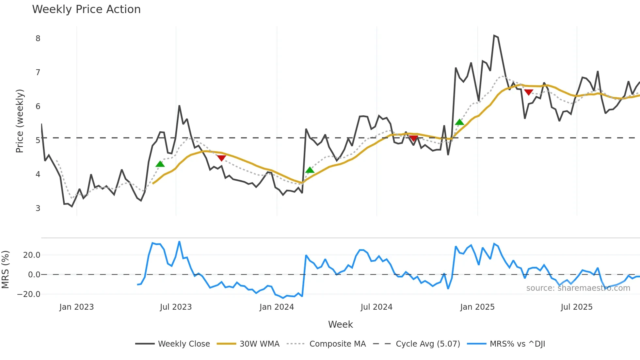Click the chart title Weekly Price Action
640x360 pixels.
tap(86, 9)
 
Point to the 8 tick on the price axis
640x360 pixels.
tap(38, 39)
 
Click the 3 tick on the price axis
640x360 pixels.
tap(38, 208)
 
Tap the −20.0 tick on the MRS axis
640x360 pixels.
tap(29, 294)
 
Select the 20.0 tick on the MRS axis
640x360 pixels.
tap(31, 255)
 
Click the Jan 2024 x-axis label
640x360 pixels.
tap(277, 307)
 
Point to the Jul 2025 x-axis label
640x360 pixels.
tap(576, 307)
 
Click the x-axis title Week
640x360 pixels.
tap(340, 324)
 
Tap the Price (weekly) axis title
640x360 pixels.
tap(20, 121)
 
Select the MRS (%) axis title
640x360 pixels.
tap(5, 270)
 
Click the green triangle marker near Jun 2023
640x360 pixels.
tap(160, 164)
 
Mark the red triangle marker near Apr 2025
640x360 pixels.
tap(529, 92)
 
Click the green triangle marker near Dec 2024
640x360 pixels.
tap(459, 122)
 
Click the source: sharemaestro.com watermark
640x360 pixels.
tap(578, 288)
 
